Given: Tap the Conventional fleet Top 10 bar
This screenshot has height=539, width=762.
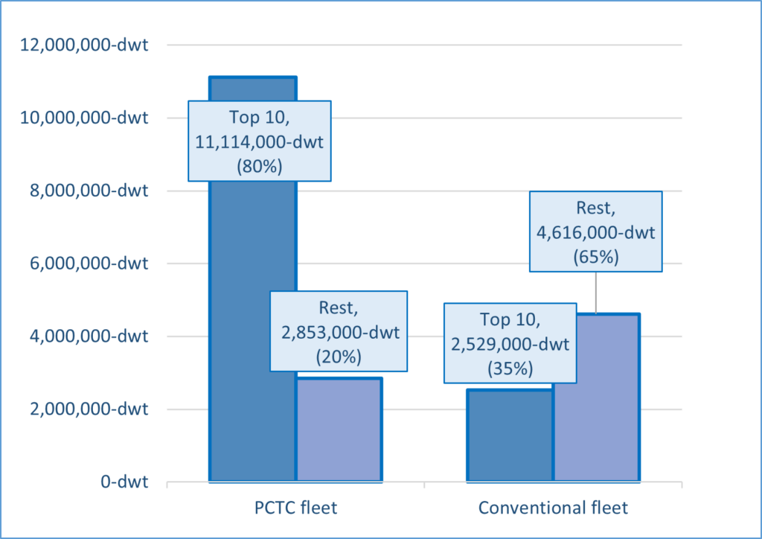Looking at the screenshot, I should (x=509, y=439).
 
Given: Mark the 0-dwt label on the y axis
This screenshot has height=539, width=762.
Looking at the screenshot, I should (x=124, y=482).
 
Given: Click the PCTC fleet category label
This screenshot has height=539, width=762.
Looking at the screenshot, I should (x=295, y=508).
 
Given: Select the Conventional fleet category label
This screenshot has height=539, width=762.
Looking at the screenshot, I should (x=553, y=508).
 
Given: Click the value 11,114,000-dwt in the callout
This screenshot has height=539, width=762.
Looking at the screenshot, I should (x=259, y=142).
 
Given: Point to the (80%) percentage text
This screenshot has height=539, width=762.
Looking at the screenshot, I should (x=259, y=166).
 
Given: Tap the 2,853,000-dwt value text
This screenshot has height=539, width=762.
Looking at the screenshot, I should (x=339, y=332).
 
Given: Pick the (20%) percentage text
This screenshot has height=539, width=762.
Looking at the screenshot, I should (x=339, y=356).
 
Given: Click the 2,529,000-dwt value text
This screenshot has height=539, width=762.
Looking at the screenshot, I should (x=510, y=344).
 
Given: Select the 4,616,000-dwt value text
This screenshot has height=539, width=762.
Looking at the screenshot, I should (x=595, y=232).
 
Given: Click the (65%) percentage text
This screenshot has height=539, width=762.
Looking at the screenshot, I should (x=595, y=256).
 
